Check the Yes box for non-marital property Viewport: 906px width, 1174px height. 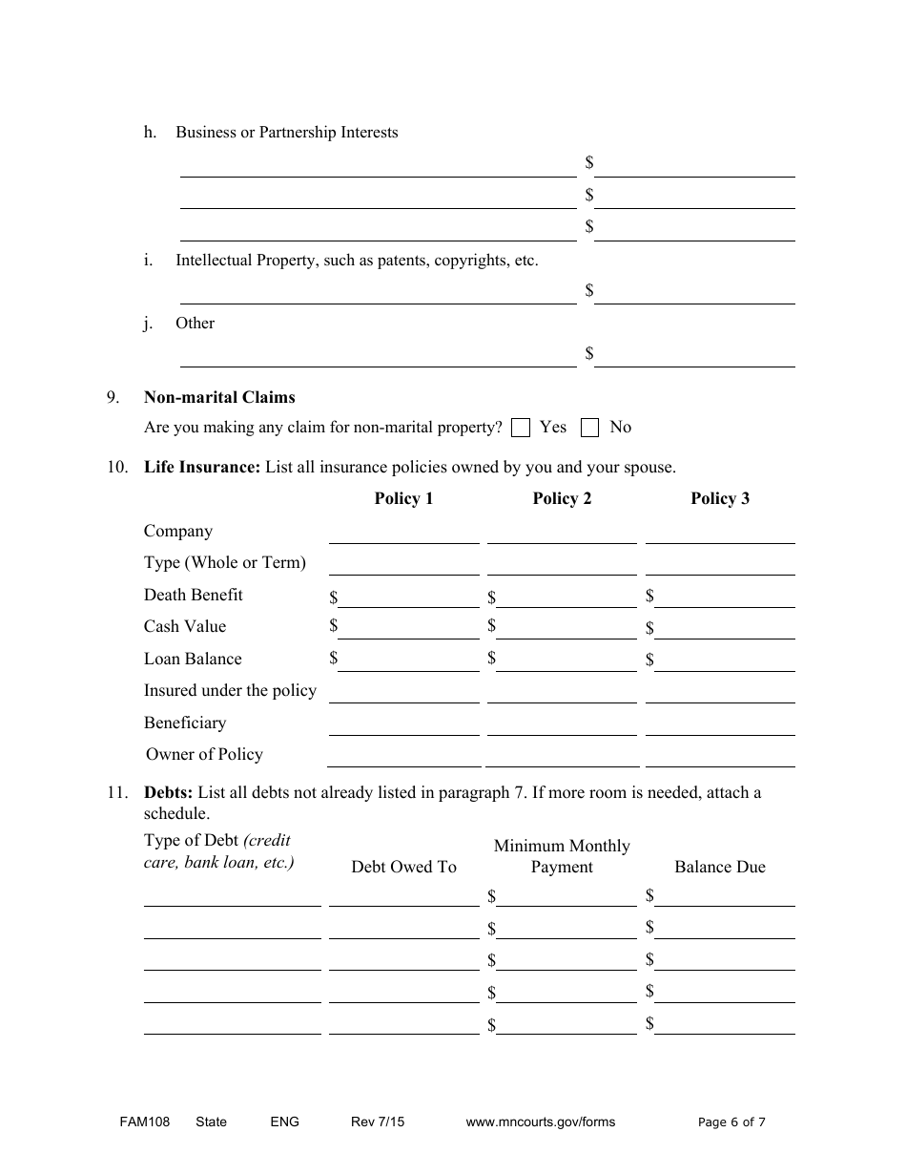click(521, 428)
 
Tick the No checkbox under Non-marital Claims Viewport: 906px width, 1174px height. click(590, 428)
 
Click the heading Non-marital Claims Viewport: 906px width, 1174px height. click(219, 397)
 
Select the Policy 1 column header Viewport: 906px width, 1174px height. click(403, 498)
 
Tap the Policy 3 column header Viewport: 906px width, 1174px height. click(720, 498)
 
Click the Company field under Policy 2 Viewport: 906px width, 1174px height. click(562, 534)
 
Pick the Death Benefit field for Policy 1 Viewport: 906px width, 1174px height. click(408, 597)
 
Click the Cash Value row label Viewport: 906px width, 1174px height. click(185, 626)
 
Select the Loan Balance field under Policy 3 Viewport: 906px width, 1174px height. click(725, 661)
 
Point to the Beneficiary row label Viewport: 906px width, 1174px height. click(185, 723)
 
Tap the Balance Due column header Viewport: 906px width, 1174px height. click(720, 867)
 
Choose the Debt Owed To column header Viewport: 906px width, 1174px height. click(403, 867)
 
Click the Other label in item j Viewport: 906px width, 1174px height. click(195, 323)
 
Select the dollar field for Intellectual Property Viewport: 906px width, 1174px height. click(694, 293)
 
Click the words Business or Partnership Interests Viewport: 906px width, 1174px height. click(286, 132)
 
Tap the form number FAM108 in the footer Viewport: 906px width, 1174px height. click(137, 1122)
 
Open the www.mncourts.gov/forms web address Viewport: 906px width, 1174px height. click(540, 1122)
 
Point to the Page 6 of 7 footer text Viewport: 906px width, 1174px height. click(731, 1122)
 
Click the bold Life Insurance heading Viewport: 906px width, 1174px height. click(201, 467)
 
